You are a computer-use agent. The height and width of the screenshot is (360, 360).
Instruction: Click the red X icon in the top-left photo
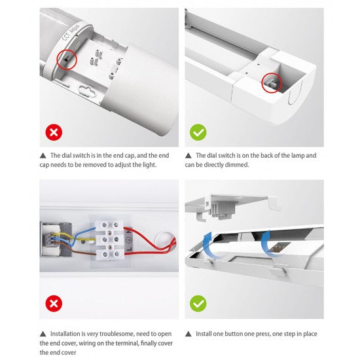[54, 132]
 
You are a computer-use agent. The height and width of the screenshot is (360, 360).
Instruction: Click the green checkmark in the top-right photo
[198, 132]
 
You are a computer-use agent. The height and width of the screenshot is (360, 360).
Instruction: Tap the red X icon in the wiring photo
[54, 304]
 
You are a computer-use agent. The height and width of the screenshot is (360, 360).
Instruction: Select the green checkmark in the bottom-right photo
[198, 304]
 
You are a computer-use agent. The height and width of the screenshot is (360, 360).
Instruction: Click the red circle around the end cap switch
[57, 60]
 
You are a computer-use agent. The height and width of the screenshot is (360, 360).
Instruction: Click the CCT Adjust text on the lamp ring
[71, 32]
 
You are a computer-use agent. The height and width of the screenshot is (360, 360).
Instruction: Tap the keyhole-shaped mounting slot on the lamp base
[87, 90]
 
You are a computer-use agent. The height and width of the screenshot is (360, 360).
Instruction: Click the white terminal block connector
[110, 240]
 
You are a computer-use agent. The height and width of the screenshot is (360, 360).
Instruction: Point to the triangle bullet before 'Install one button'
[189, 334]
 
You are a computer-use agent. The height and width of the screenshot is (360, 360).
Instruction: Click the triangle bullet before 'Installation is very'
[43, 334]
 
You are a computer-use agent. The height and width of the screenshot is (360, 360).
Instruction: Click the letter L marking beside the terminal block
[129, 249]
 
